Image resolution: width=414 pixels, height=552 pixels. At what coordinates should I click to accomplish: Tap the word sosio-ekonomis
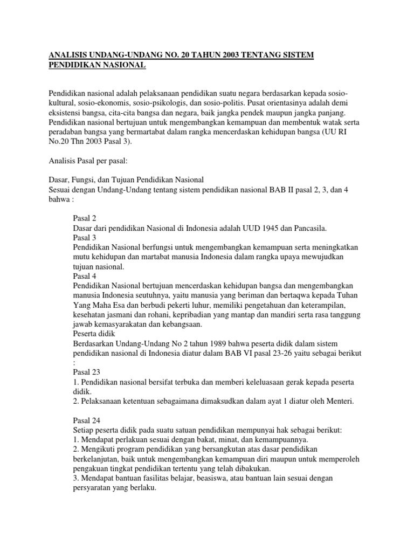112,102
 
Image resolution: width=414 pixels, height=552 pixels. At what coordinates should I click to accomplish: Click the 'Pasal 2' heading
85,218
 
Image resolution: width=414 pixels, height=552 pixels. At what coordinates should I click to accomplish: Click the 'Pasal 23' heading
86,372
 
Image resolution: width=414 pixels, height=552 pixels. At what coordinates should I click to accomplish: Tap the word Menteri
337,401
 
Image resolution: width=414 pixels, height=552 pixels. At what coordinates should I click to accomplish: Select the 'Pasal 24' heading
86,420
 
